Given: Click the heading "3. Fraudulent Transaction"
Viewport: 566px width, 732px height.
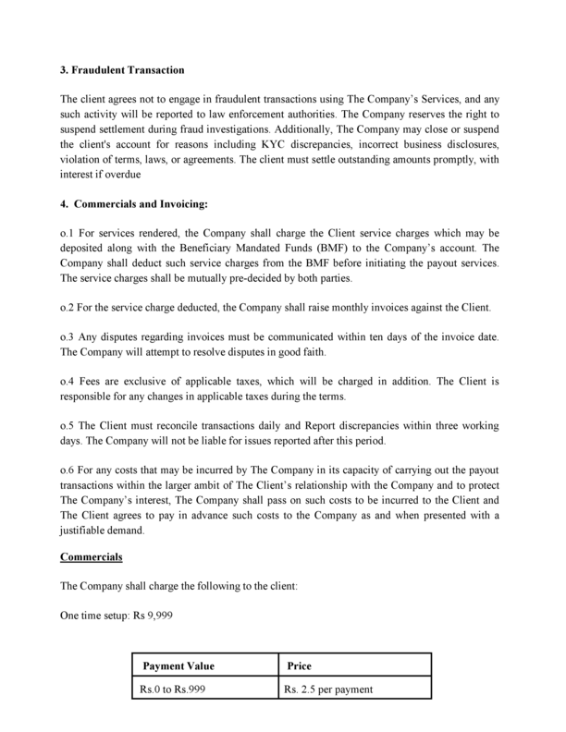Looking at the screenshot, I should tap(122, 70).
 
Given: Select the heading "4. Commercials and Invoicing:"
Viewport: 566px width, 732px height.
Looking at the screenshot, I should tap(134, 203).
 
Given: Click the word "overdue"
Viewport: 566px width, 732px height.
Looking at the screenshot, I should tap(122, 176).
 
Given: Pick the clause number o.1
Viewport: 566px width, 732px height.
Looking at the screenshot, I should tap(68, 233).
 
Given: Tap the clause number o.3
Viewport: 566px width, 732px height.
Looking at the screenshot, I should tap(68, 337).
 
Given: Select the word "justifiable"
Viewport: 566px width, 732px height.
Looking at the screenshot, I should tap(89, 531).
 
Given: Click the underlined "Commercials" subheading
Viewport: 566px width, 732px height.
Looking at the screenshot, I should tap(92, 557).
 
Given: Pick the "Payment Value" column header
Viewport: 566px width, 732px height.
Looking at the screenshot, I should tap(178, 665).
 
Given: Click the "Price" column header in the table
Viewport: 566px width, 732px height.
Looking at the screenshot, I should tap(300, 665).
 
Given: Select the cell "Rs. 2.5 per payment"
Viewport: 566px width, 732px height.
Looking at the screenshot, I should tap(328, 689).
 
